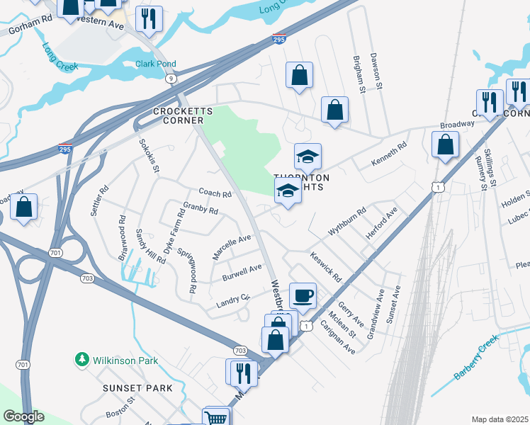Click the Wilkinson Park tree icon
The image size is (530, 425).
click(83, 361)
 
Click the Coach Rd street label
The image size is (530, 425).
click(215, 193)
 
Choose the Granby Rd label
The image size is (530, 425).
click(201, 210)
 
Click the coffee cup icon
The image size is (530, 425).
click(303, 295)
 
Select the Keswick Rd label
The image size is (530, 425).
click(326, 267)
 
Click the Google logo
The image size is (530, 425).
click(23, 416)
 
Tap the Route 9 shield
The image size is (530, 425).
click(171, 79)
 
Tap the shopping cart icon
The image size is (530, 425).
click(217, 416)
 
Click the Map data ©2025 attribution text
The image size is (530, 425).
click(500, 419)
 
